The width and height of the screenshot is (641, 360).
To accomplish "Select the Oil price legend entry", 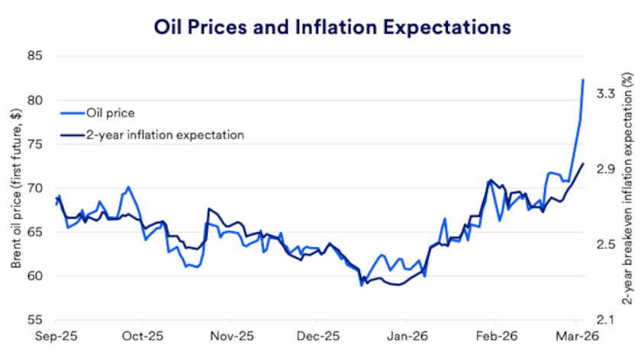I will [111, 113].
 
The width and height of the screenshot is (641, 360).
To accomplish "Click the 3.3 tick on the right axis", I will [606, 93].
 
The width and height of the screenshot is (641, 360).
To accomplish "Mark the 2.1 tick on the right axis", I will [606, 320].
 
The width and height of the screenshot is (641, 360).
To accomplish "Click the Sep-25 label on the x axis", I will [55, 336].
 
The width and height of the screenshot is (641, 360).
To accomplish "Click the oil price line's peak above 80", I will [583, 79].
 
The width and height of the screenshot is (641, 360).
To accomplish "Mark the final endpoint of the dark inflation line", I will [584, 163].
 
